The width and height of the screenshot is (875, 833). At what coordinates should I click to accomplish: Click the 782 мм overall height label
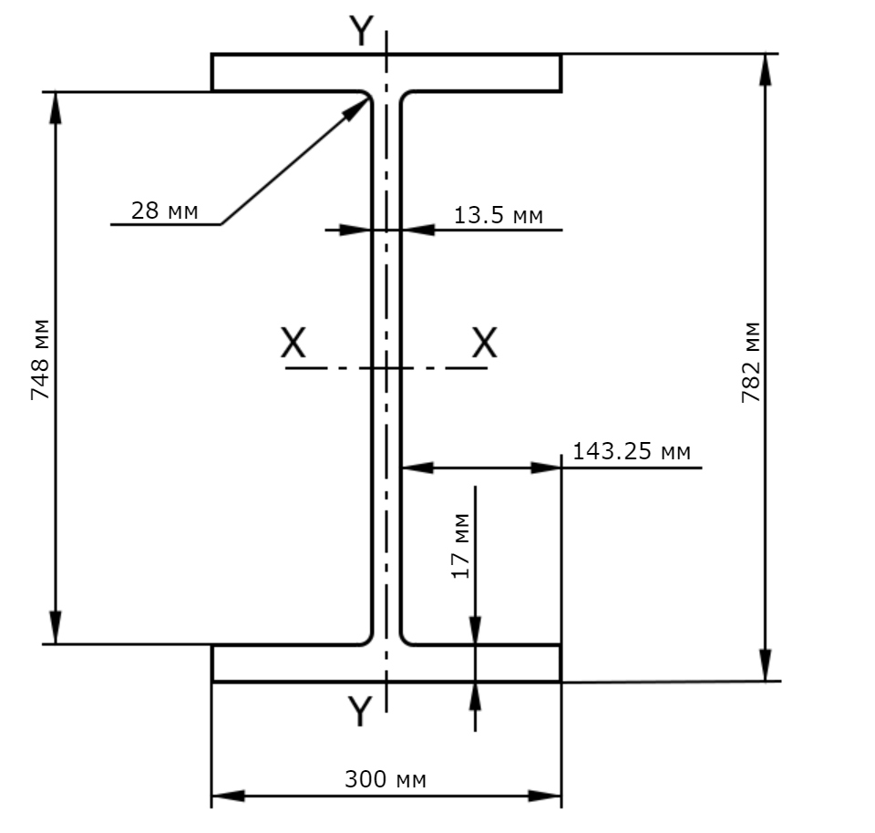pyautogui.click(x=751, y=362)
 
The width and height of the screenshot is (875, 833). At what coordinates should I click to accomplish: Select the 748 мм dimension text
pyautogui.click(x=40, y=359)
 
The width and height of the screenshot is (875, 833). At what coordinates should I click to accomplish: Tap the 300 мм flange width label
pyautogui.click(x=386, y=779)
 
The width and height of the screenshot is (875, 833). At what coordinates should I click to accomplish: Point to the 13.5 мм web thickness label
pyautogui.click(x=499, y=215)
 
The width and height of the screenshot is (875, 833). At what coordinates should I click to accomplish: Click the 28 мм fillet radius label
pyautogui.click(x=165, y=211)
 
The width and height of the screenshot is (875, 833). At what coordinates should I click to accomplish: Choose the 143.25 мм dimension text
pyautogui.click(x=632, y=451)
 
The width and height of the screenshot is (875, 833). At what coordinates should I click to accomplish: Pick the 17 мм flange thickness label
pyautogui.click(x=461, y=546)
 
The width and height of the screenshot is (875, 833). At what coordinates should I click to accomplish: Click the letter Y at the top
pyautogui.click(x=361, y=31)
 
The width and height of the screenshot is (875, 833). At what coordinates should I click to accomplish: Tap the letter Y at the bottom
pyautogui.click(x=360, y=711)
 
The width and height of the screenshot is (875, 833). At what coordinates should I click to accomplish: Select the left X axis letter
pyautogui.click(x=293, y=343)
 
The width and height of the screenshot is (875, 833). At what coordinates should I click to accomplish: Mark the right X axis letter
pyautogui.click(x=484, y=343)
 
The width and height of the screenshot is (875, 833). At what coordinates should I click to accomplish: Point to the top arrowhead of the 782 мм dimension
pyautogui.click(x=767, y=70)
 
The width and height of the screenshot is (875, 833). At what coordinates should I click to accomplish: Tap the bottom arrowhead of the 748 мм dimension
pyautogui.click(x=56, y=628)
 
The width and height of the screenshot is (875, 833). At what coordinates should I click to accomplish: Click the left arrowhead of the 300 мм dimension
pyautogui.click(x=229, y=796)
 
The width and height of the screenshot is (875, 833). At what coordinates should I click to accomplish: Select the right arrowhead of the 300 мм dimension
pyautogui.click(x=545, y=796)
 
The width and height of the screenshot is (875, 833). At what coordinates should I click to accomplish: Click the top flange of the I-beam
pyautogui.click(x=386, y=73)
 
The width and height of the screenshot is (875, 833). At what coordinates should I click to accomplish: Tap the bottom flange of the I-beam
pyautogui.click(x=386, y=663)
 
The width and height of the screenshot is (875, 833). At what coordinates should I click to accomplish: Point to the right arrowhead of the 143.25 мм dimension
pyautogui.click(x=546, y=468)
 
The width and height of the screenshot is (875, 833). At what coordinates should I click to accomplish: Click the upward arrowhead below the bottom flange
pyautogui.click(x=475, y=696)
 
